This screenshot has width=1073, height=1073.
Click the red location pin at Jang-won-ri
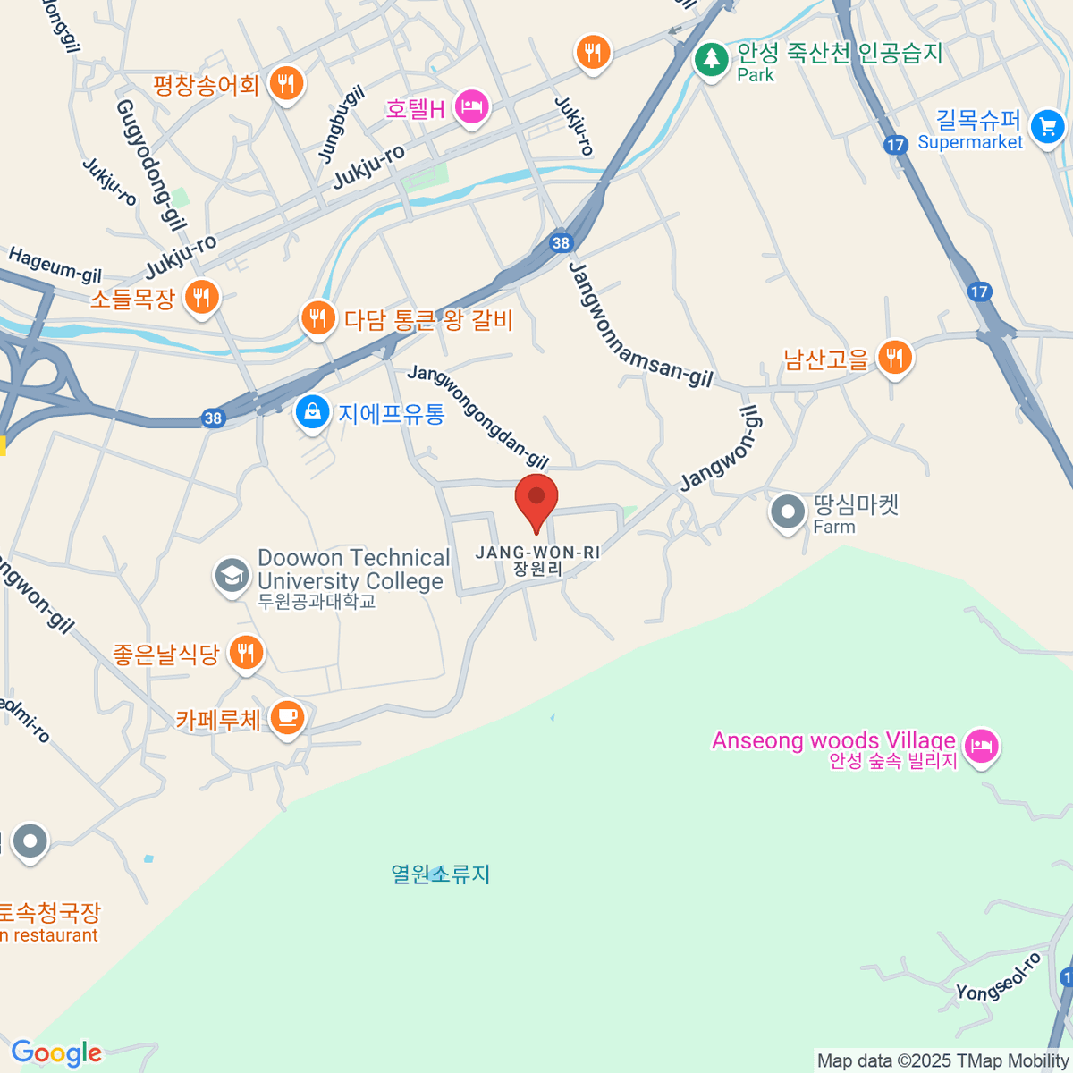536,500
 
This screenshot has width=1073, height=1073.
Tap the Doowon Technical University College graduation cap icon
232,575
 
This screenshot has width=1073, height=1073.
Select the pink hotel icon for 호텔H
471,107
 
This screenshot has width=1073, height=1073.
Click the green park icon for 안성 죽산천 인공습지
712,60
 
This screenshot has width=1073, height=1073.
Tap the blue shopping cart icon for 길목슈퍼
1047,126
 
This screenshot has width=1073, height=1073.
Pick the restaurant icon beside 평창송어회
286,85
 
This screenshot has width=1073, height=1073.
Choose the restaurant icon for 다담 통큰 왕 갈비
317,317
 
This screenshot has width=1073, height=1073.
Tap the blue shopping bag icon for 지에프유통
312,412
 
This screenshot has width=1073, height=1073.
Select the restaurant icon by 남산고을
894,358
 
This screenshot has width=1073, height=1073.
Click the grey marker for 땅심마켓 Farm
788,513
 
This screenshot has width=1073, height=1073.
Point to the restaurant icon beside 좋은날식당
246,653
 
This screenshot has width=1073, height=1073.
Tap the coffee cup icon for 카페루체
286,717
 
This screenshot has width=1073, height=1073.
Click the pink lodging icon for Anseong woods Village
982,745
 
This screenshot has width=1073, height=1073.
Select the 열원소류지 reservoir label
441,874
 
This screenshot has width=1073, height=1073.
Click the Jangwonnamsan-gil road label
640,327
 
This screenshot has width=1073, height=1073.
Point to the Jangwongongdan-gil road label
477,417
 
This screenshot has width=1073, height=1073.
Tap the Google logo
56,1053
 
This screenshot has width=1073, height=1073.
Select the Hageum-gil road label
55,265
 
